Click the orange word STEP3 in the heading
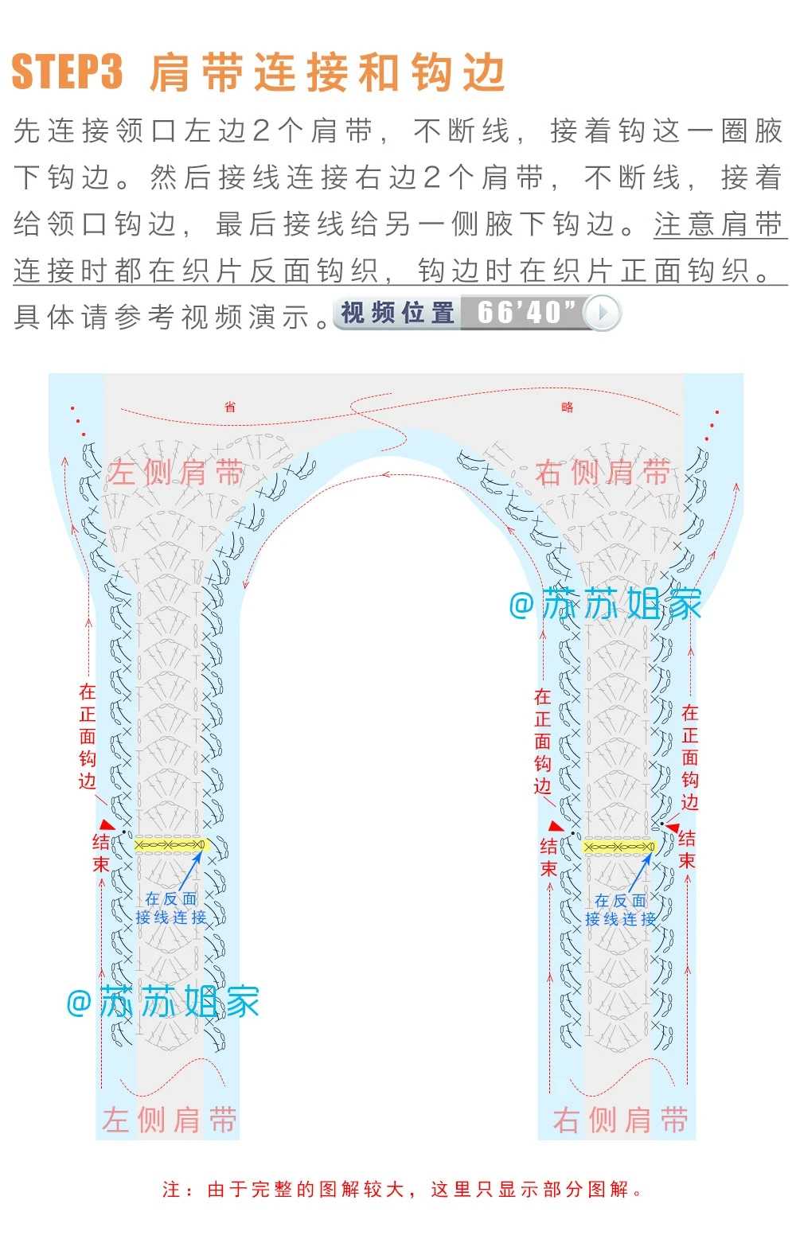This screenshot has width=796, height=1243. click(x=67, y=72)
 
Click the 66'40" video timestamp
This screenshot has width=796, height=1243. click(x=526, y=312)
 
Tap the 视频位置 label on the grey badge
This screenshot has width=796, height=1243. click(x=397, y=313)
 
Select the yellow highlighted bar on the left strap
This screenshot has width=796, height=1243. click(x=171, y=845)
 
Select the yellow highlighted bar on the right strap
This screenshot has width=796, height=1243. click(x=619, y=847)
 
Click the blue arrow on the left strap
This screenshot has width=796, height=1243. click(x=190, y=871)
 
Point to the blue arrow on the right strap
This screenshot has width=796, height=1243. click(x=640, y=874)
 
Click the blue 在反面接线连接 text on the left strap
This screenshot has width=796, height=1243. click(x=171, y=909)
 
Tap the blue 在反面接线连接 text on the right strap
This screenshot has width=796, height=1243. click(x=620, y=910)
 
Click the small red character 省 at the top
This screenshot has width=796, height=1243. click(x=230, y=407)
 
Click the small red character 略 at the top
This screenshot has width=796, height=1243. click(x=567, y=407)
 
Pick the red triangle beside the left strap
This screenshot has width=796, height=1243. click(x=107, y=824)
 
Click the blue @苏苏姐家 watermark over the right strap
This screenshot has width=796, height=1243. click(x=605, y=604)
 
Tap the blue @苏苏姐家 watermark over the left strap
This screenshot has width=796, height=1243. click(x=162, y=1002)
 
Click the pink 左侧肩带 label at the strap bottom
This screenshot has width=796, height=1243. click(x=170, y=1119)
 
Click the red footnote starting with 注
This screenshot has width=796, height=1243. click(x=402, y=1189)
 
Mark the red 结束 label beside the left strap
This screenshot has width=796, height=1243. click(x=101, y=853)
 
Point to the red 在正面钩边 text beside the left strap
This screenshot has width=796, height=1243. click(x=87, y=736)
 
